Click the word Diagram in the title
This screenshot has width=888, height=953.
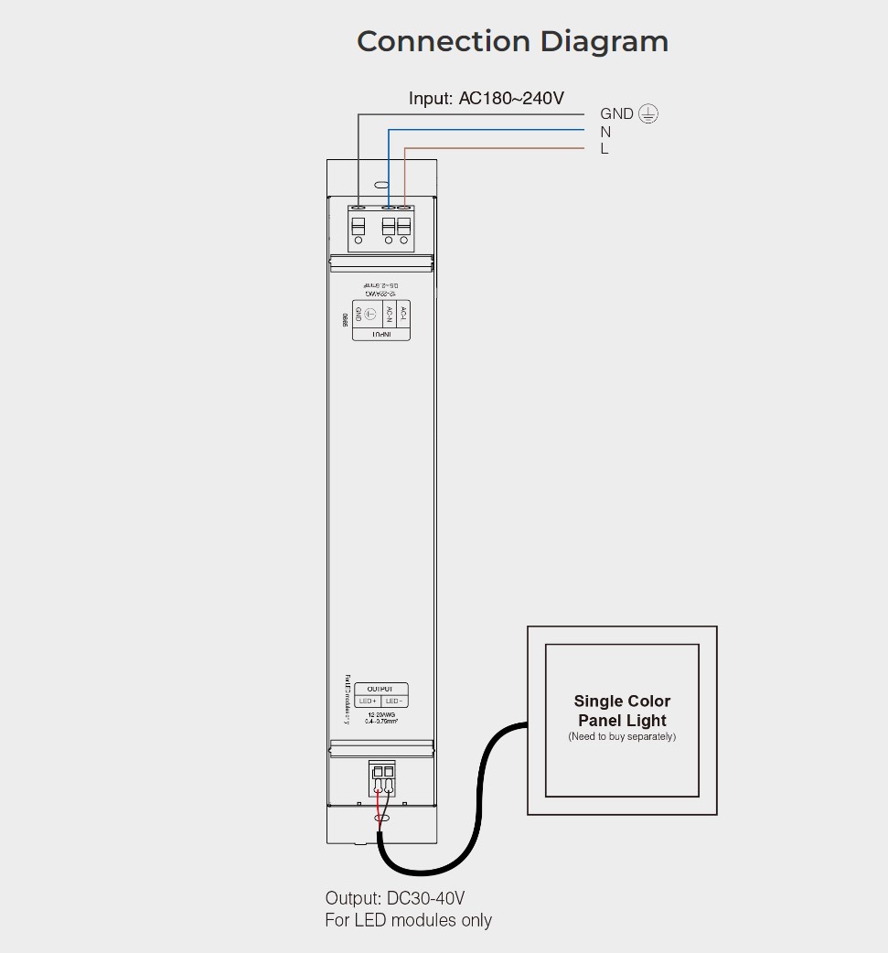604,41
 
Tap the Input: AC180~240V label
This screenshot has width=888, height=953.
487,98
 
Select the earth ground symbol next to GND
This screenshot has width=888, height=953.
648,113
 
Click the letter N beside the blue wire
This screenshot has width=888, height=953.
605,132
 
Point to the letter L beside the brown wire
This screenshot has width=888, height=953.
604,149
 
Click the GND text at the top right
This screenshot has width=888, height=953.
616,114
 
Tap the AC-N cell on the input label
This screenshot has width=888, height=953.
388,315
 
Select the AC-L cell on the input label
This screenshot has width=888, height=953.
403,315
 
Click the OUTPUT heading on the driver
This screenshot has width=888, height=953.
380,689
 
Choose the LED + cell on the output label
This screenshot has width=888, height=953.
368,701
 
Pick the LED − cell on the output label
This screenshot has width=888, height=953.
394,701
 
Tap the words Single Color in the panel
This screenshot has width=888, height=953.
622,701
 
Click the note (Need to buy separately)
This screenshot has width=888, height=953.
622,737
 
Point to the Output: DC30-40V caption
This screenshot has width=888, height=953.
401,899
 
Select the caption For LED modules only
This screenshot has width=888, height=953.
408,920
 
